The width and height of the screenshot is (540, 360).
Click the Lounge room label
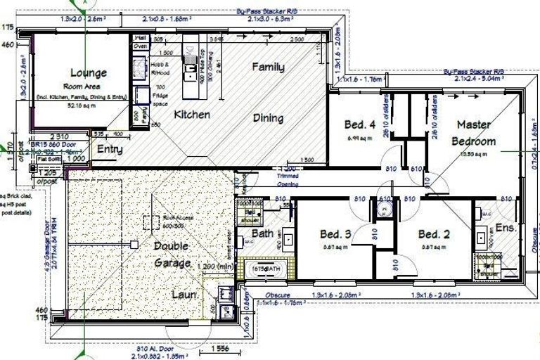[89, 72]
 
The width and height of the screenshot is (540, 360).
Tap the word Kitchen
[192, 114]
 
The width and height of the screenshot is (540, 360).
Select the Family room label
[268, 67]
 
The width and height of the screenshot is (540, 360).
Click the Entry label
[110, 149]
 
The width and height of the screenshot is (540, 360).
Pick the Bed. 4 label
[361, 125]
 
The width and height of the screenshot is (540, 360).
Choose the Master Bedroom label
[473, 132]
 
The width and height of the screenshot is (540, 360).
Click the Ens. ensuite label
[506, 229]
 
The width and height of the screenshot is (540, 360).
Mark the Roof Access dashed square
[150, 221]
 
